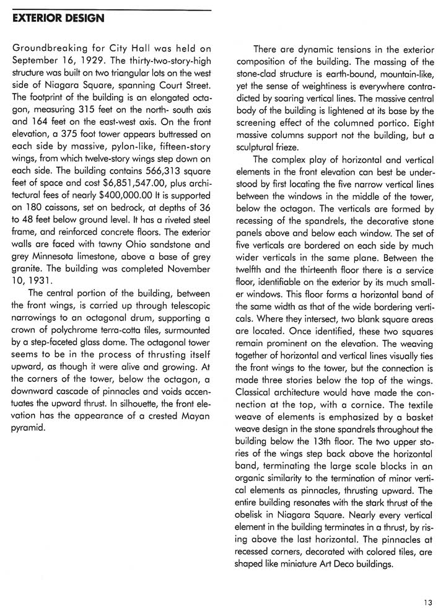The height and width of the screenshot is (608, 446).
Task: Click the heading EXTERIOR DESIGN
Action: tap(58, 19)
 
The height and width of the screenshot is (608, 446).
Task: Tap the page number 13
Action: tap(428, 601)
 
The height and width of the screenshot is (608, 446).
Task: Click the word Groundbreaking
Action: tap(51, 49)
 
